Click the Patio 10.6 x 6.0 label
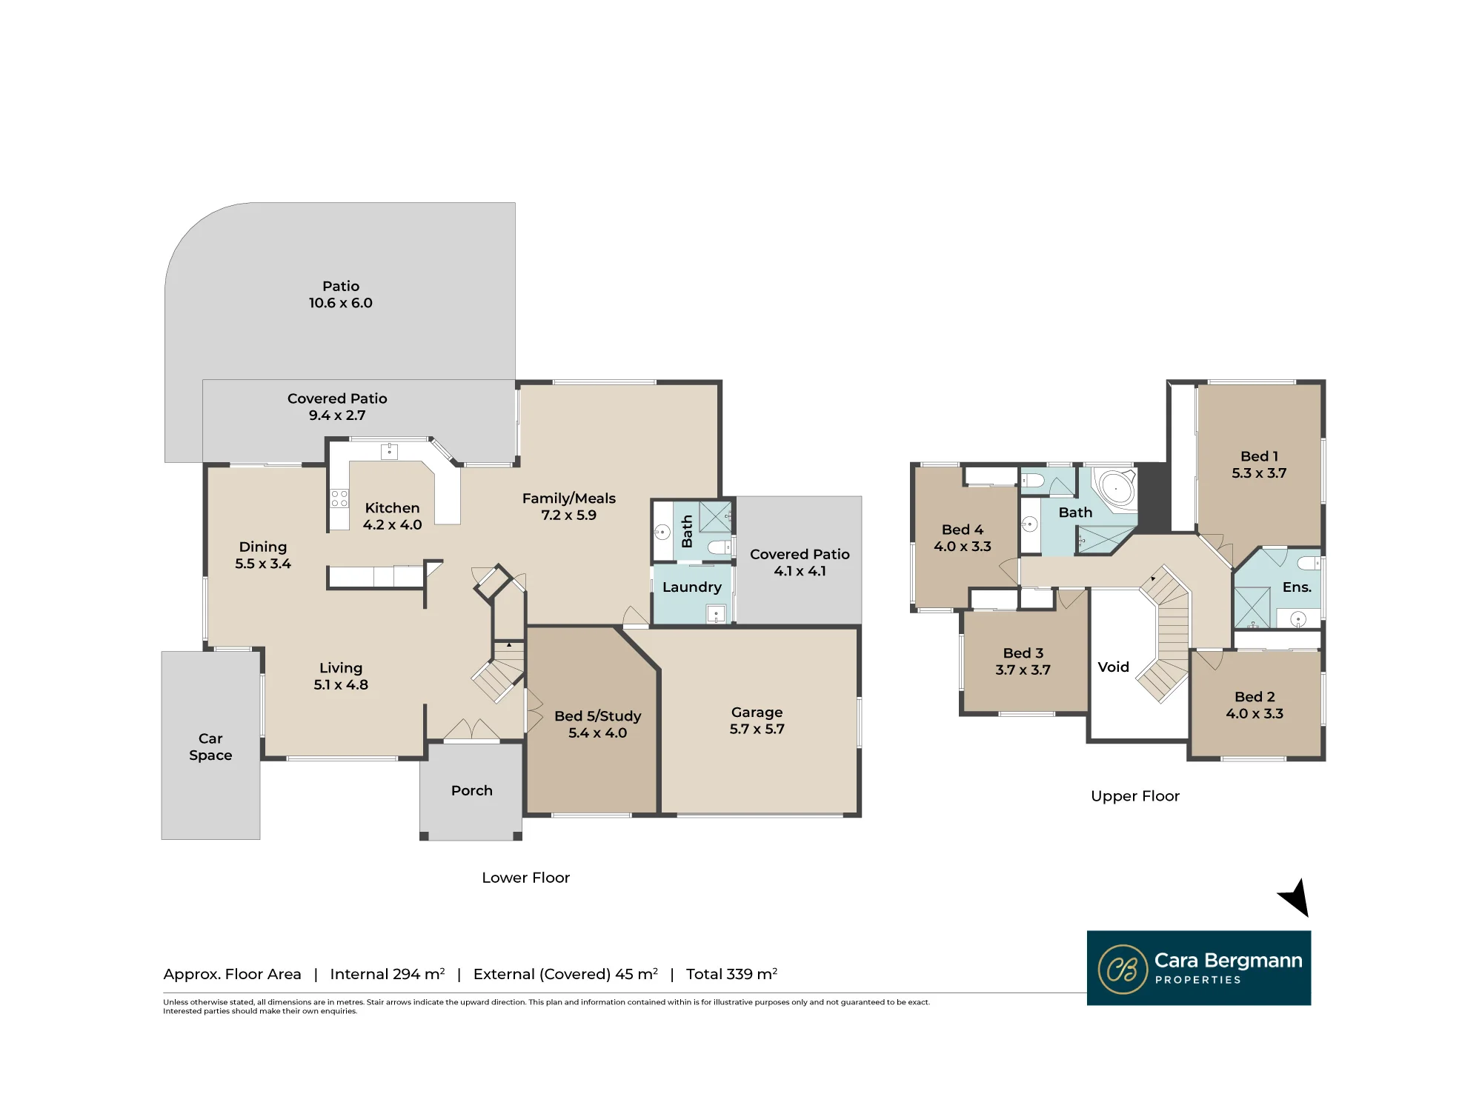341,294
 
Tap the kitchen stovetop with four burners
339,498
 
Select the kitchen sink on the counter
389,451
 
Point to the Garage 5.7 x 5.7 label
757,720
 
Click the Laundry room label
692,587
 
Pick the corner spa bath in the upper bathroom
1116,488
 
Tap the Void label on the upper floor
1113,667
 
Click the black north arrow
1295,898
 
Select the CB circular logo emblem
1123,969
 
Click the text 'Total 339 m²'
731,974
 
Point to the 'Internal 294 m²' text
387,974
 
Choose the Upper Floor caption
1134,796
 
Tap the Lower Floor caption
525,878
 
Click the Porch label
472,790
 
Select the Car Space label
210,747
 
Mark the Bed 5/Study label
598,724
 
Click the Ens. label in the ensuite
1297,587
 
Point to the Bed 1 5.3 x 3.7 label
1259,464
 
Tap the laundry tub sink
716,614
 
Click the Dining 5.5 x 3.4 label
263,555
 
